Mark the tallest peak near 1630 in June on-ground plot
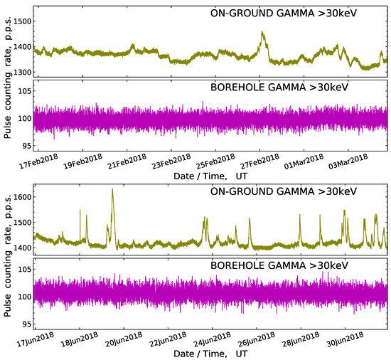112,190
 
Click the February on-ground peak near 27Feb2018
263,33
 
